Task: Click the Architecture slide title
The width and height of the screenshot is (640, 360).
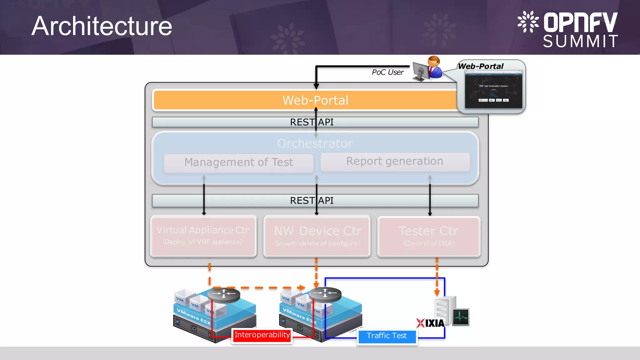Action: coord(102,26)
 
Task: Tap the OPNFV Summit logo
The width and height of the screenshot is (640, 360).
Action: coord(567,30)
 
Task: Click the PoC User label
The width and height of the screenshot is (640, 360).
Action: coord(387,72)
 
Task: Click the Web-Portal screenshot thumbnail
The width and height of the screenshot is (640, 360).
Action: coord(493,89)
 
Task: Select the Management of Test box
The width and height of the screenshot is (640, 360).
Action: coord(238,162)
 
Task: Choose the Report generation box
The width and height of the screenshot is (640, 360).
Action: coord(395,161)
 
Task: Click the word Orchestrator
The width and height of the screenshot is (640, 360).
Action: coord(315,143)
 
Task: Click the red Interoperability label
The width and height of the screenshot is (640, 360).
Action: coord(262,335)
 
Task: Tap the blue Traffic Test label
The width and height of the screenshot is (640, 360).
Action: coord(387,336)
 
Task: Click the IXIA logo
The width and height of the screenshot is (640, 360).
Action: coord(431,323)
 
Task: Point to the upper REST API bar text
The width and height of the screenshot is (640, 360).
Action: coord(312,122)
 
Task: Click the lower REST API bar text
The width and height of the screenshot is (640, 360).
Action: coord(312,201)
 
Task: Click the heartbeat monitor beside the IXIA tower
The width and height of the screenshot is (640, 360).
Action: coord(461,317)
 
